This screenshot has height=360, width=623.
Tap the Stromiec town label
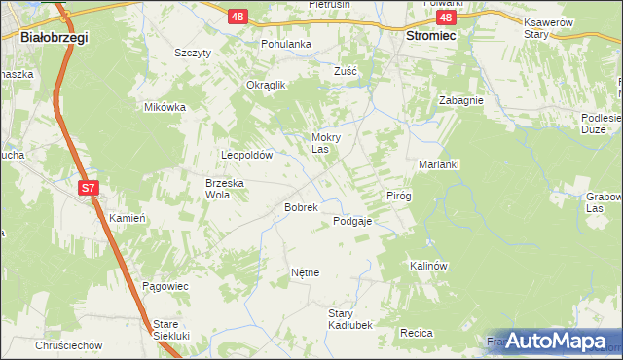click(430, 35)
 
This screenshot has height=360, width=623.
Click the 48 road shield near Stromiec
click(446, 18)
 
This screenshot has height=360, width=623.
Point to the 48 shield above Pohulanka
click(238, 17)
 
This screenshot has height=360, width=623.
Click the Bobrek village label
click(301, 207)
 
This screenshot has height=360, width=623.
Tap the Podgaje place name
click(352, 221)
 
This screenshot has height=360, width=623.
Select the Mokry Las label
click(325, 143)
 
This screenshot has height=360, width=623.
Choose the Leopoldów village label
click(252, 155)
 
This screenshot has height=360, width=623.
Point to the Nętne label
click(305, 272)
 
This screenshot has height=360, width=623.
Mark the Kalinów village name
click(427, 265)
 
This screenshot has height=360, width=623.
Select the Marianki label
click(438, 164)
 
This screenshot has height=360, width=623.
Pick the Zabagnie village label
click(461, 99)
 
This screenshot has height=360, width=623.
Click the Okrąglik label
click(266, 85)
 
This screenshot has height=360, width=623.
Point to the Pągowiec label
click(165, 286)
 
